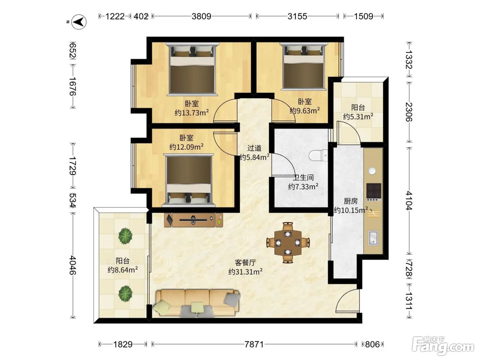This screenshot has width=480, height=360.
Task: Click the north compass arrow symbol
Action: pyautogui.click(x=79, y=22)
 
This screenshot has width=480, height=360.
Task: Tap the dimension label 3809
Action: pyautogui.click(x=201, y=16)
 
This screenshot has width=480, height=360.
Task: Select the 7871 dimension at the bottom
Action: pyautogui.click(x=254, y=345)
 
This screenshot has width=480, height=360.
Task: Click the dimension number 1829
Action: pyautogui.click(x=123, y=345)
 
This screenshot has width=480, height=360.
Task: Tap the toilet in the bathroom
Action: pyautogui.click(x=319, y=156)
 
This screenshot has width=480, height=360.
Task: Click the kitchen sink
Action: pyautogui.click(x=373, y=238)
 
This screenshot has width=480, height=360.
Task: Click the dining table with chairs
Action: pyautogui.click(x=288, y=243)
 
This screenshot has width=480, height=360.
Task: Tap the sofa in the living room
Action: pyautogui.click(x=196, y=303)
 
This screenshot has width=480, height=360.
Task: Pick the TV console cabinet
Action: pyautogui.click(x=193, y=220)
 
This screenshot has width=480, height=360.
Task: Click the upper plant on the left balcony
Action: pyautogui.click(x=125, y=236)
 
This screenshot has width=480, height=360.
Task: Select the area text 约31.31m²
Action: pyautogui.click(x=245, y=272)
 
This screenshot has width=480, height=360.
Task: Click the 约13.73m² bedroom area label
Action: pyautogui.click(x=192, y=113)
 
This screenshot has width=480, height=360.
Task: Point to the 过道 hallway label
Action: pyautogui.click(x=254, y=148)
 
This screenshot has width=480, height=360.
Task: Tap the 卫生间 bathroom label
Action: pyautogui.click(x=303, y=178)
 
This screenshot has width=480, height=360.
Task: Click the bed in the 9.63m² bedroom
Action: pyautogui.click(x=304, y=66)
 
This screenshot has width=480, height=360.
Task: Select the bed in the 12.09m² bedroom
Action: pyautogui.click(x=189, y=180)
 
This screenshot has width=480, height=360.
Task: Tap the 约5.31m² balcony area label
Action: pyautogui.click(x=358, y=117)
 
